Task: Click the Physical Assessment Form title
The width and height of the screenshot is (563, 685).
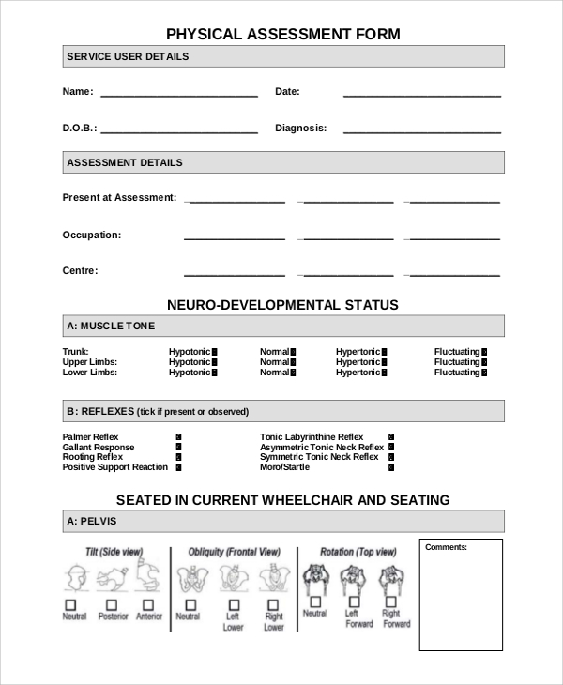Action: (x=282, y=35)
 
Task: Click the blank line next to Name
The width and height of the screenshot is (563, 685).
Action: (x=178, y=95)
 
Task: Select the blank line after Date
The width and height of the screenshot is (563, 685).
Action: (x=421, y=95)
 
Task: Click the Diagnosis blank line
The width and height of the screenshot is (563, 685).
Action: (x=421, y=131)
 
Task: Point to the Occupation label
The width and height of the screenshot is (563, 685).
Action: (x=91, y=235)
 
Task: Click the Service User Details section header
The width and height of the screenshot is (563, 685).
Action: (x=128, y=56)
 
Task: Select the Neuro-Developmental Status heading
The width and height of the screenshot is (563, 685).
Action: (x=282, y=305)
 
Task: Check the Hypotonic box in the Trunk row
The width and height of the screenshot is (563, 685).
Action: (x=214, y=352)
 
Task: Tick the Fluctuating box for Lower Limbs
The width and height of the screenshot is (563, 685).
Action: (x=484, y=373)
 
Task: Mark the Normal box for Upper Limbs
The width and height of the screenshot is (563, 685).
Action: (x=293, y=362)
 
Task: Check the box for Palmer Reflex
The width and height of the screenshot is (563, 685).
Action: (x=178, y=437)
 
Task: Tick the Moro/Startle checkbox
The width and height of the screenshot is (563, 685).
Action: (x=391, y=467)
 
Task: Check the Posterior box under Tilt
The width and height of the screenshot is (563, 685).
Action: (x=112, y=605)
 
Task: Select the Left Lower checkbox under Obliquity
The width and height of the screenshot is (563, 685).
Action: (x=233, y=605)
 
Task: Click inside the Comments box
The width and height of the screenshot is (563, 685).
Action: (x=461, y=601)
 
